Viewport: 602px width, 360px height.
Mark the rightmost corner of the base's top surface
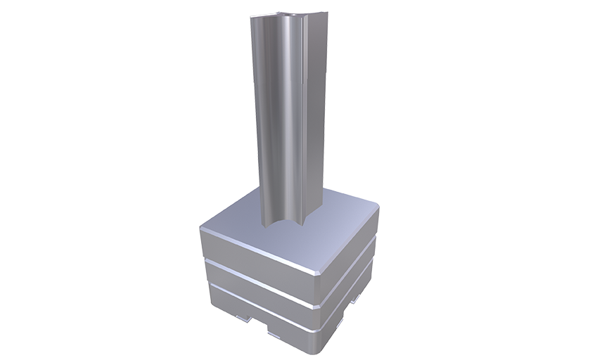[x=378, y=208]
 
